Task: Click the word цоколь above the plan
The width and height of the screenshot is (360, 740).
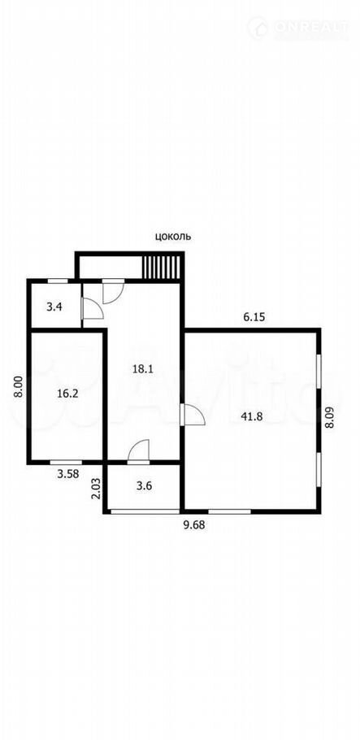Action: coord(173,237)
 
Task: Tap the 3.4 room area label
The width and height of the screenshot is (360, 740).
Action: coord(54,307)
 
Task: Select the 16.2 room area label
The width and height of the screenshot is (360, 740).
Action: coord(67,394)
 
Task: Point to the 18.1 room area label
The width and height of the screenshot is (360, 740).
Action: coord(142,369)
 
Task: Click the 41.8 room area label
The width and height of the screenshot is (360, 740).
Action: coord(251,416)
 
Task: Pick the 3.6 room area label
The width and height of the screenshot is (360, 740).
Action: coord(144,486)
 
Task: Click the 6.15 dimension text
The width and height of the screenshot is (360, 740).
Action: coord(254,317)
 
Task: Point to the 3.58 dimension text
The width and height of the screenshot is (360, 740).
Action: coord(67,474)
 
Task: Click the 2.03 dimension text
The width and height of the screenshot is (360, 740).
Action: coord(96,489)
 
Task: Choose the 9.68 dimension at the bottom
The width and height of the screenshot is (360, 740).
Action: coord(194,525)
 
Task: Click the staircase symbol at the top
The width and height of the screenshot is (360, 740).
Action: coord(162,268)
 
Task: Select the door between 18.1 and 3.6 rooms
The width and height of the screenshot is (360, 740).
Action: coord(138,451)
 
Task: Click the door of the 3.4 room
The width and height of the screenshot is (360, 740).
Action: coord(92,308)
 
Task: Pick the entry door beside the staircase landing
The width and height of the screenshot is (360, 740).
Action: coord(113,291)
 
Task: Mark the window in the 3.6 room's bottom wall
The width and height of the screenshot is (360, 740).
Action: coord(145,511)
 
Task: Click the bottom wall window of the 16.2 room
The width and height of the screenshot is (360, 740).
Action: coord(66,462)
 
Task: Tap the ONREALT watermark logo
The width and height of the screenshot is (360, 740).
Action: coord(299,28)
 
